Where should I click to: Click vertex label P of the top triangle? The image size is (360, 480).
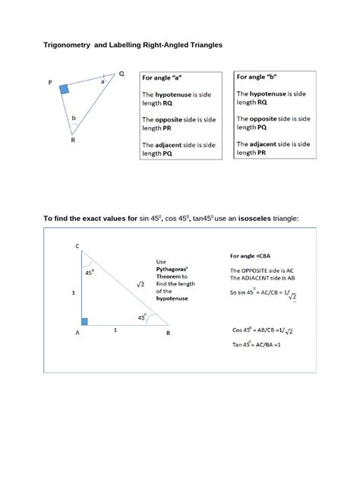50,84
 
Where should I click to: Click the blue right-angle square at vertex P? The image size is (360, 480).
65,90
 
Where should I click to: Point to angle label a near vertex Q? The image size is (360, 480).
103,81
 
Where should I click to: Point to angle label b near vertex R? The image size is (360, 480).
73,118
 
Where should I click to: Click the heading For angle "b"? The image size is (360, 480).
256,77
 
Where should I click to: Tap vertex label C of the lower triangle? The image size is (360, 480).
77,246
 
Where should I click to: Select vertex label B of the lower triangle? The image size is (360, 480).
168,333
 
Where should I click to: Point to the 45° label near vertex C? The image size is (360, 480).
90,272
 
